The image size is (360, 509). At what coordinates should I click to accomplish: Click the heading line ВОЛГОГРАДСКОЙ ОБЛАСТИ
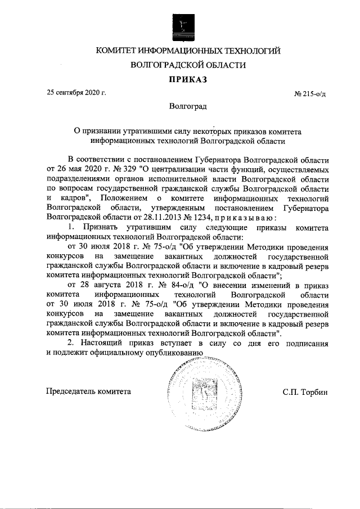(x=188, y=65)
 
